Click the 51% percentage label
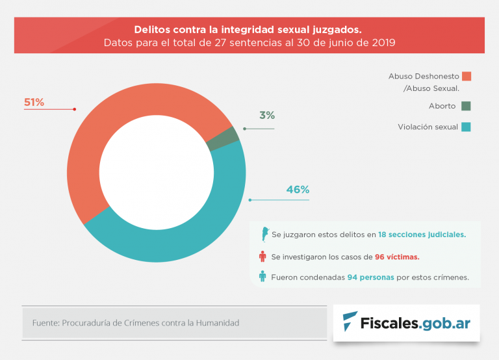click(x=34, y=102)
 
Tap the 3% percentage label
click(x=267, y=116)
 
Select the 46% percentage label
click(x=298, y=190)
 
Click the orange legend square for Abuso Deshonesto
click(x=466, y=76)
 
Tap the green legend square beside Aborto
click(x=466, y=106)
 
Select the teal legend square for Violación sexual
click(x=466, y=127)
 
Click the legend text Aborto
click(x=442, y=106)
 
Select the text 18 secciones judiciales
click(x=422, y=234)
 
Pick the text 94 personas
click(x=369, y=277)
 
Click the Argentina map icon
click(x=263, y=234)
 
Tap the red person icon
click(x=262, y=256)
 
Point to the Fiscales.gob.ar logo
click(x=407, y=322)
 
